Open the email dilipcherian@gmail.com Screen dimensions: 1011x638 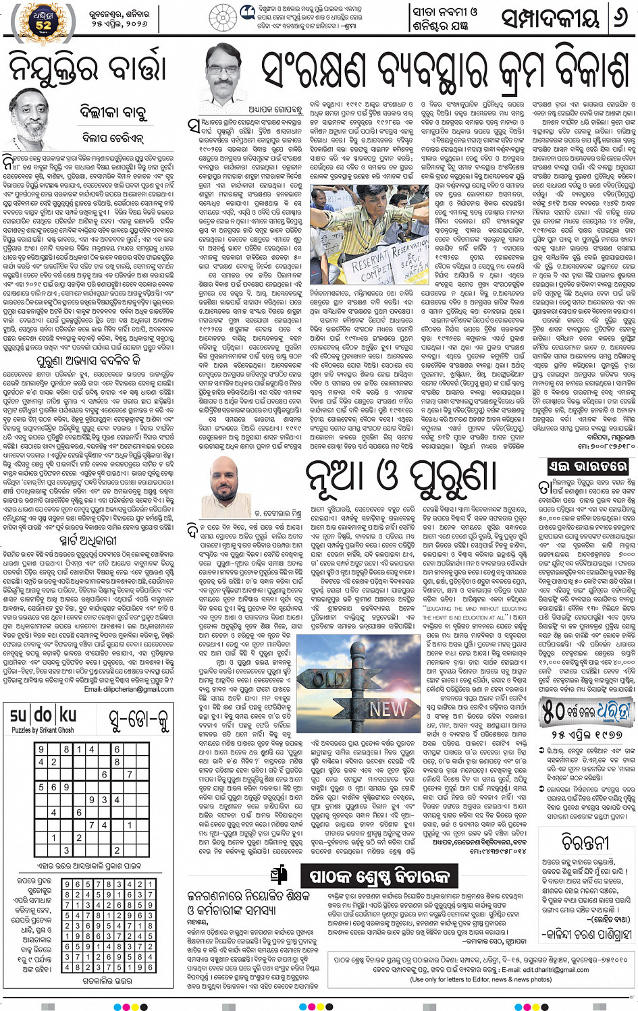tap(129, 689)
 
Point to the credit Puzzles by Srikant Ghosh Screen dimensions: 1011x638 tap(43, 730)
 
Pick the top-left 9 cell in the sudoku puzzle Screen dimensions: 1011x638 tap(42, 749)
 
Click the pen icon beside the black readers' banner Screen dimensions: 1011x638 tap(278, 875)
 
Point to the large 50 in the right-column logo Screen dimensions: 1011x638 tap(555, 710)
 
